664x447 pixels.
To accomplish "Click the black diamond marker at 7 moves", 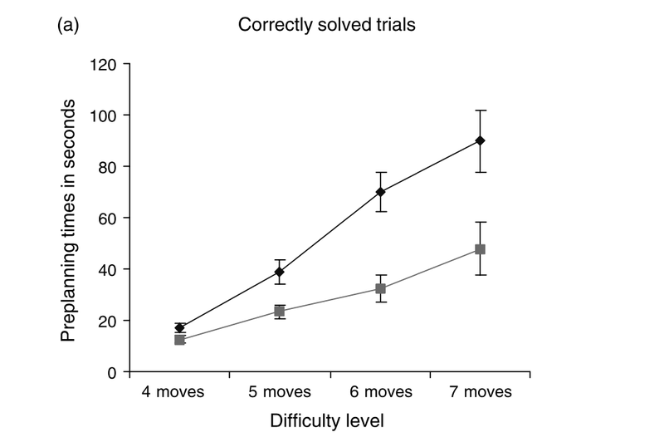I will point(480,140).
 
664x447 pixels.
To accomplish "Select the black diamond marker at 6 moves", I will point(380,192).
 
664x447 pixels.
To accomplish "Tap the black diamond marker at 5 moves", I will point(280,272).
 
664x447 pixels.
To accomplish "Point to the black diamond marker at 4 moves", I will point(180,327).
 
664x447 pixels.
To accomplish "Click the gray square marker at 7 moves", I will point(480,249).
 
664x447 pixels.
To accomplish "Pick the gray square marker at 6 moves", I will point(380,288).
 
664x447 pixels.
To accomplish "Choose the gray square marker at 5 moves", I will point(280,311).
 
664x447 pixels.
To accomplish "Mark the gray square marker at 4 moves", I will point(180,339).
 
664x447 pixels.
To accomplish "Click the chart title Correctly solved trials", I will point(326,25).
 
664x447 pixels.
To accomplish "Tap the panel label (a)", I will point(68,25).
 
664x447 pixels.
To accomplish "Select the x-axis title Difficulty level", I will point(327,420).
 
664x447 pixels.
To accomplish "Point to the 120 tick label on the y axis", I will point(104,63).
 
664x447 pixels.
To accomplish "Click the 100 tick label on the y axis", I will point(104,115).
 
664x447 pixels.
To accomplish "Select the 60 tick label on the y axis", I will point(108,218).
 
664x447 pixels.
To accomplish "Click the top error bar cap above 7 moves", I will point(480,110).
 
